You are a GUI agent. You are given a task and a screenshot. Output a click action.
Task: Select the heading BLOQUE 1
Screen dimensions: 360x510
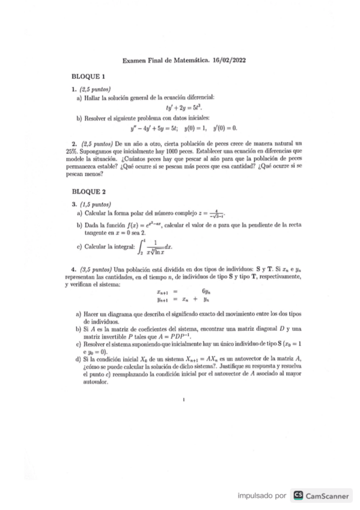click(x=88, y=77)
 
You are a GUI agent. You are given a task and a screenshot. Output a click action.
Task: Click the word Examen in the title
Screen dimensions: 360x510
click(x=135, y=61)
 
